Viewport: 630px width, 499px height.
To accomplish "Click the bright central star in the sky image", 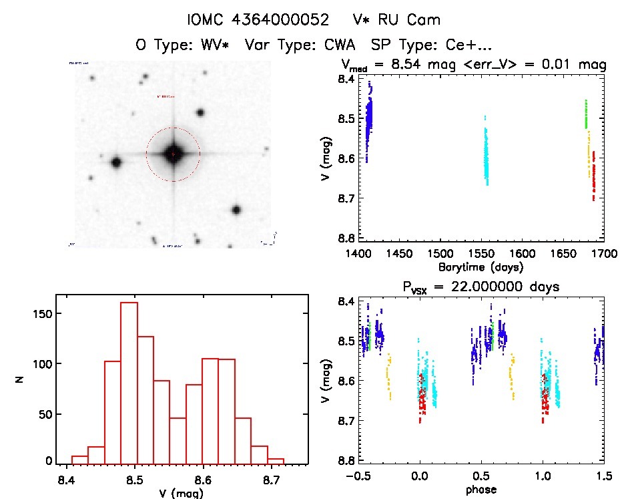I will [x=173, y=154].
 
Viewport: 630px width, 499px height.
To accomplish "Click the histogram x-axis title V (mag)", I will [x=182, y=493].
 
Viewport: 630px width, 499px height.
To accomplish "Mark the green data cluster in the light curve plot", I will [x=586, y=114].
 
